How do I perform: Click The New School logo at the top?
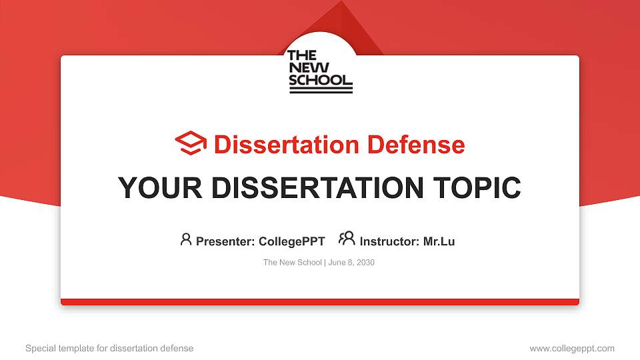pyautogui.click(x=320, y=71)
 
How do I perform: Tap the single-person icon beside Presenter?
pyautogui.click(x=186, y=239)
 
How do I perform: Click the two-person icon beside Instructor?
pyautogui.click(x=347, y=239)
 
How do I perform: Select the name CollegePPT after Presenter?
pyautogui.click(x=291, y=241)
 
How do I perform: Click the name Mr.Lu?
pyautogui.click(x=439, y=241)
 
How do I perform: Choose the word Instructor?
pyautogui.click(x=389, y=241)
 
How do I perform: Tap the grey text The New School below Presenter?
pyautogui.click(x=292, y=263)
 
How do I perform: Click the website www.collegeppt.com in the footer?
pyautogui.click(x=572, y=348)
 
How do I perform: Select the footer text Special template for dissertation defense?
pyautogui.click(x=109, y=348)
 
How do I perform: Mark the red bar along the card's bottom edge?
pyautogui.click(x=320, y=302)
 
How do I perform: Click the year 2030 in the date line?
pyautogui.click(x=365, y=263)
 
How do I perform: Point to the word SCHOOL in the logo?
pyautogui.click(x=320, y=81)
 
